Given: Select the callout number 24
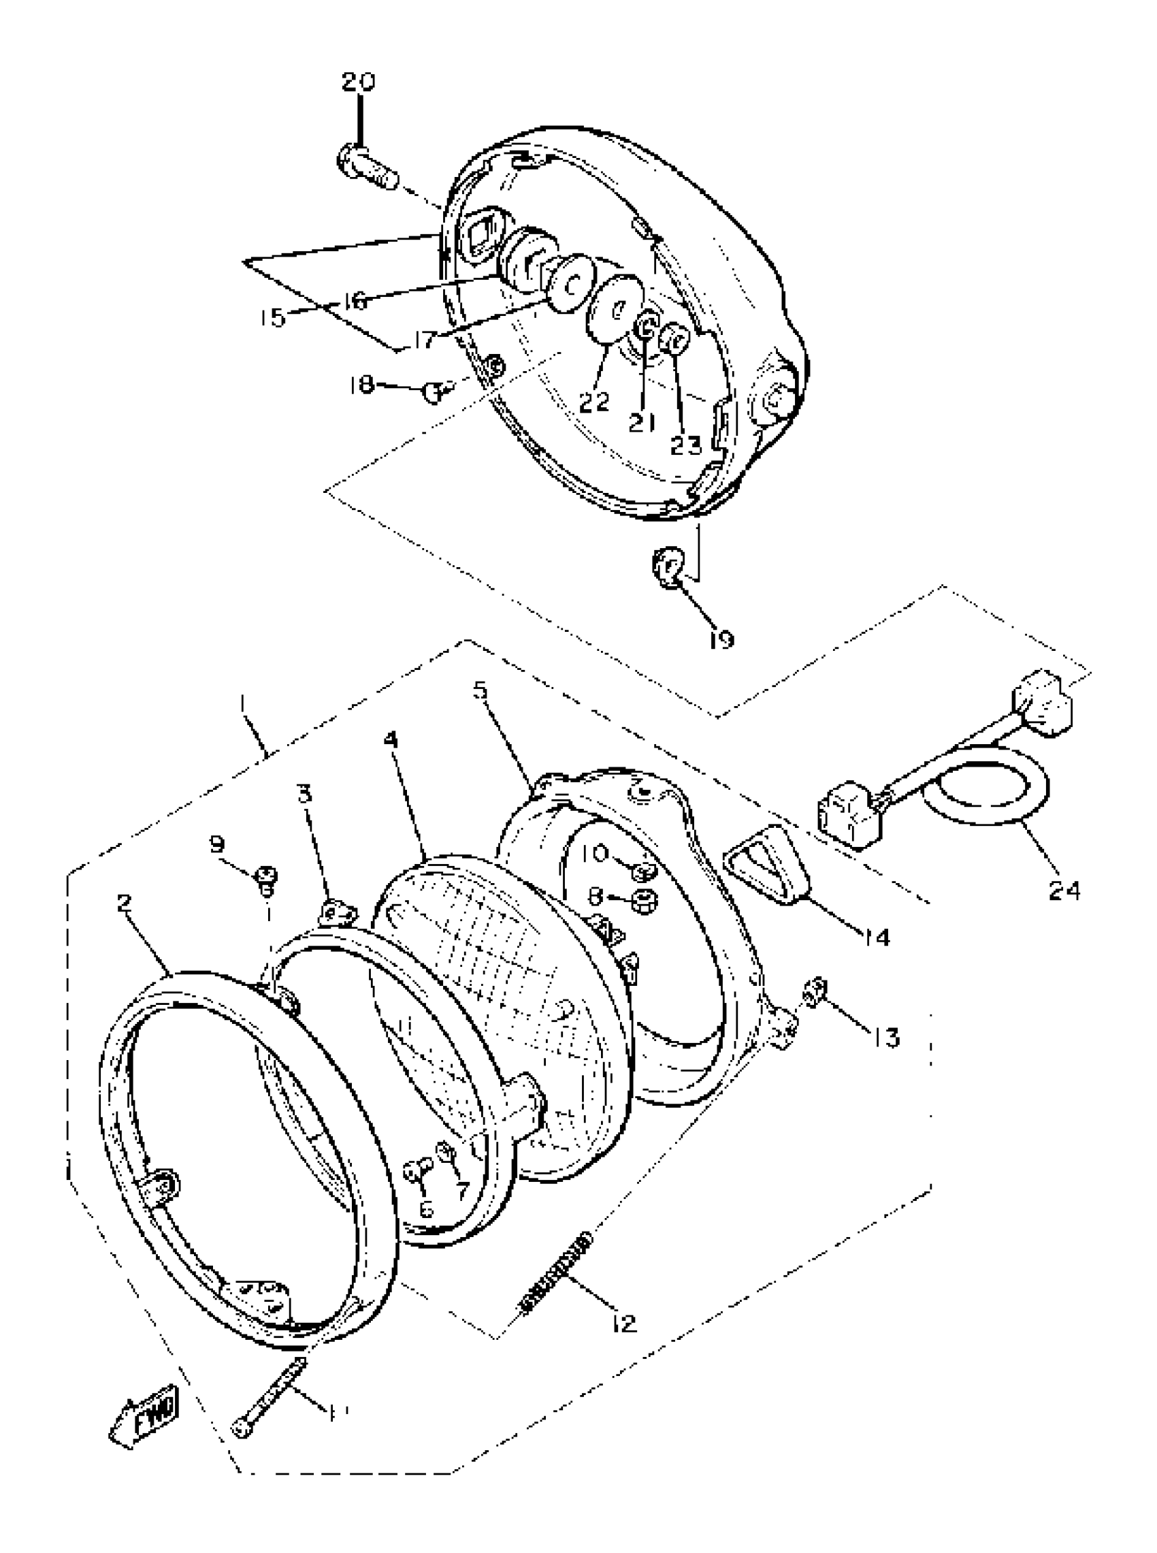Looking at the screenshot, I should [x=1064, y=891].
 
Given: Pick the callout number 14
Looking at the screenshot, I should [x=875, y=937].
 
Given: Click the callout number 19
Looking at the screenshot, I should [x=721, y=639].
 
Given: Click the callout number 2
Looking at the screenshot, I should [x=124, y=901].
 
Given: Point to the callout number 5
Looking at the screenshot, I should [x=480, y=689].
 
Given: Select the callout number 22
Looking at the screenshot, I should [x=595, y=401].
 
